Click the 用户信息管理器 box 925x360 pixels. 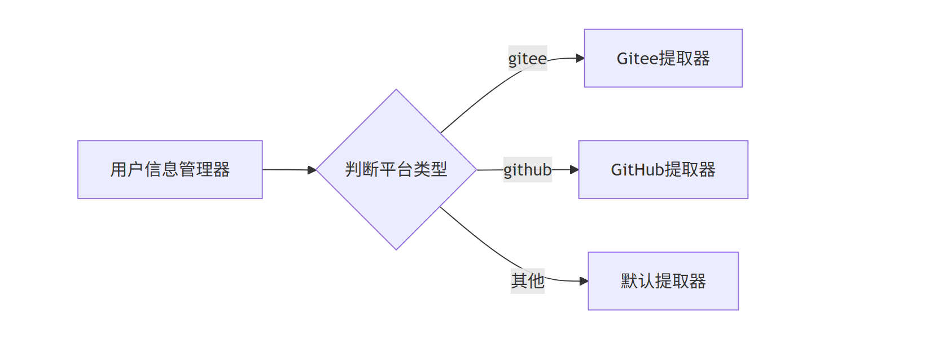pyautogui.click(x=170, y=169)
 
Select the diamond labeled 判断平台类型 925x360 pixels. pyautogui.click(x=396, y=169)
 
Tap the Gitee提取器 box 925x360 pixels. pyautogui.click(x=663, y=58)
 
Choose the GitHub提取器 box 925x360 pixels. pyautogui.click(x=663, y=169)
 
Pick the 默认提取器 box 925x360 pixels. pyautogui.click(x=663, y=281)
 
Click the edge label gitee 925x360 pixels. pyautogui.click(x=527, y=58)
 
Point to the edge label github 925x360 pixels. pyautogui.click(x=527, y=169)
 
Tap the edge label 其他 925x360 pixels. pyautogui.click(x=527, y=280)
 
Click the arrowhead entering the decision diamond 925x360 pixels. pyautogui.click(x=312, y=170)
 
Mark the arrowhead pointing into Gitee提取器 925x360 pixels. pyautogui.click(x=580, y=58)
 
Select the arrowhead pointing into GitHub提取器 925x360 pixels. pyautogui.click(x=575, y=169)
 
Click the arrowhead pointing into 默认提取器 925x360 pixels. pyautogui.click(x=584, y=281)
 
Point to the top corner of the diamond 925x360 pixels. pyautogui.click(x=396, y=90)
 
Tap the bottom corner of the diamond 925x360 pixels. pyautogui.click(x=396, y=249)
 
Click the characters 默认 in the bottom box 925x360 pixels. pyautogui.click(x=638, y=281)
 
